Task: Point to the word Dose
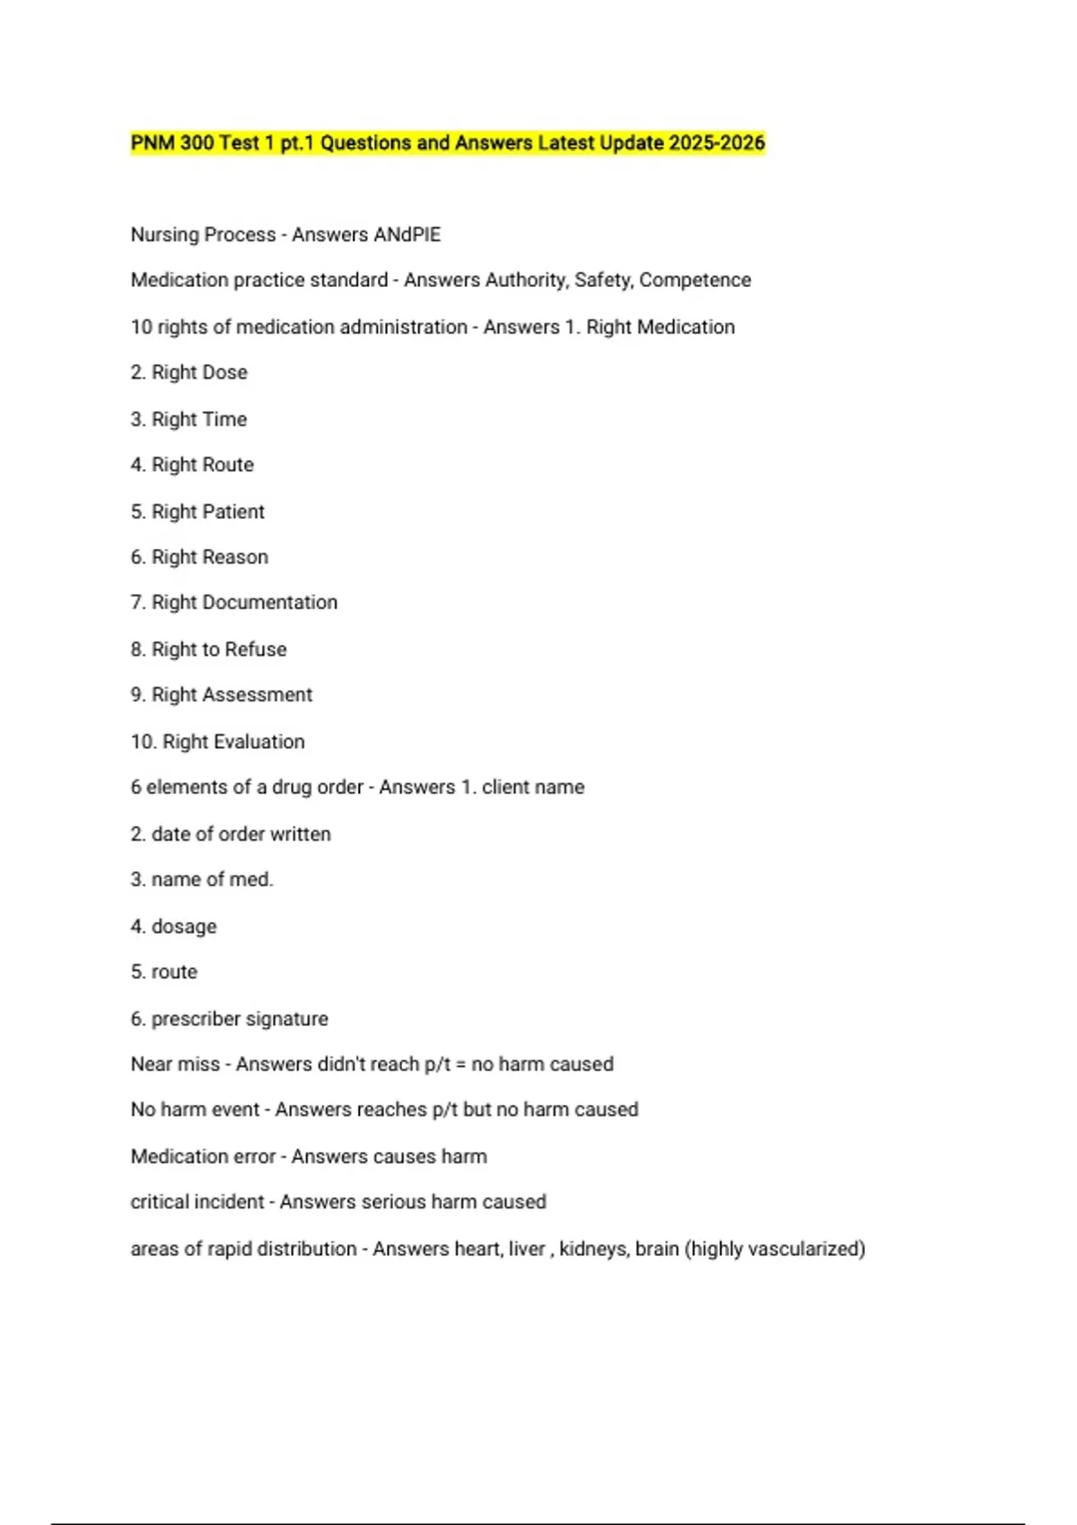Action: coord(224,372)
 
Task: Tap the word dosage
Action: coord(184,927)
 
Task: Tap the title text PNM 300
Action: coord(172,144)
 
